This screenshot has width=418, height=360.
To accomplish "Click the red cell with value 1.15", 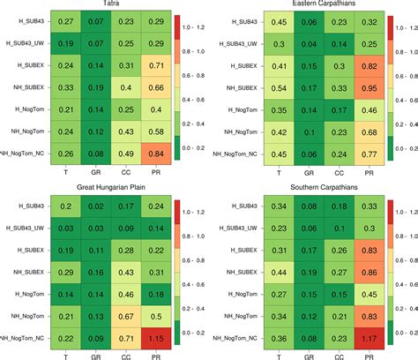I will [x=155, y=338].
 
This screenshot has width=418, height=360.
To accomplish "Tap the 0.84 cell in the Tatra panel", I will [x=155, y=154].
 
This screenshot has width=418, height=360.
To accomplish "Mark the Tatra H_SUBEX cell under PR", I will [x=155, y=66].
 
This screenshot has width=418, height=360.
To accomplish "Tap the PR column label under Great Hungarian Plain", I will [x=155, y=355].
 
